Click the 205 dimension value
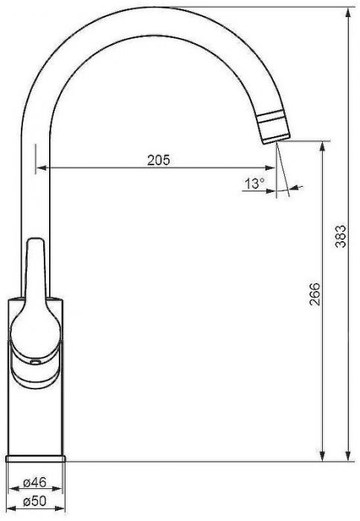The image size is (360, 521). [158, 160]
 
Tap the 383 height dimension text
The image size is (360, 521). [341, 237]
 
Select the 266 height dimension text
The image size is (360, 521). [314, 294]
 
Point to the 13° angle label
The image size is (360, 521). [254, 183]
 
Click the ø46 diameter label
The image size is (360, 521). [35, 482]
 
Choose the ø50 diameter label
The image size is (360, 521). [35, 501]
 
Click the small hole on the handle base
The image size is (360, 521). [34, 362]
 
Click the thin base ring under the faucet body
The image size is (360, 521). [36, 459]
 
